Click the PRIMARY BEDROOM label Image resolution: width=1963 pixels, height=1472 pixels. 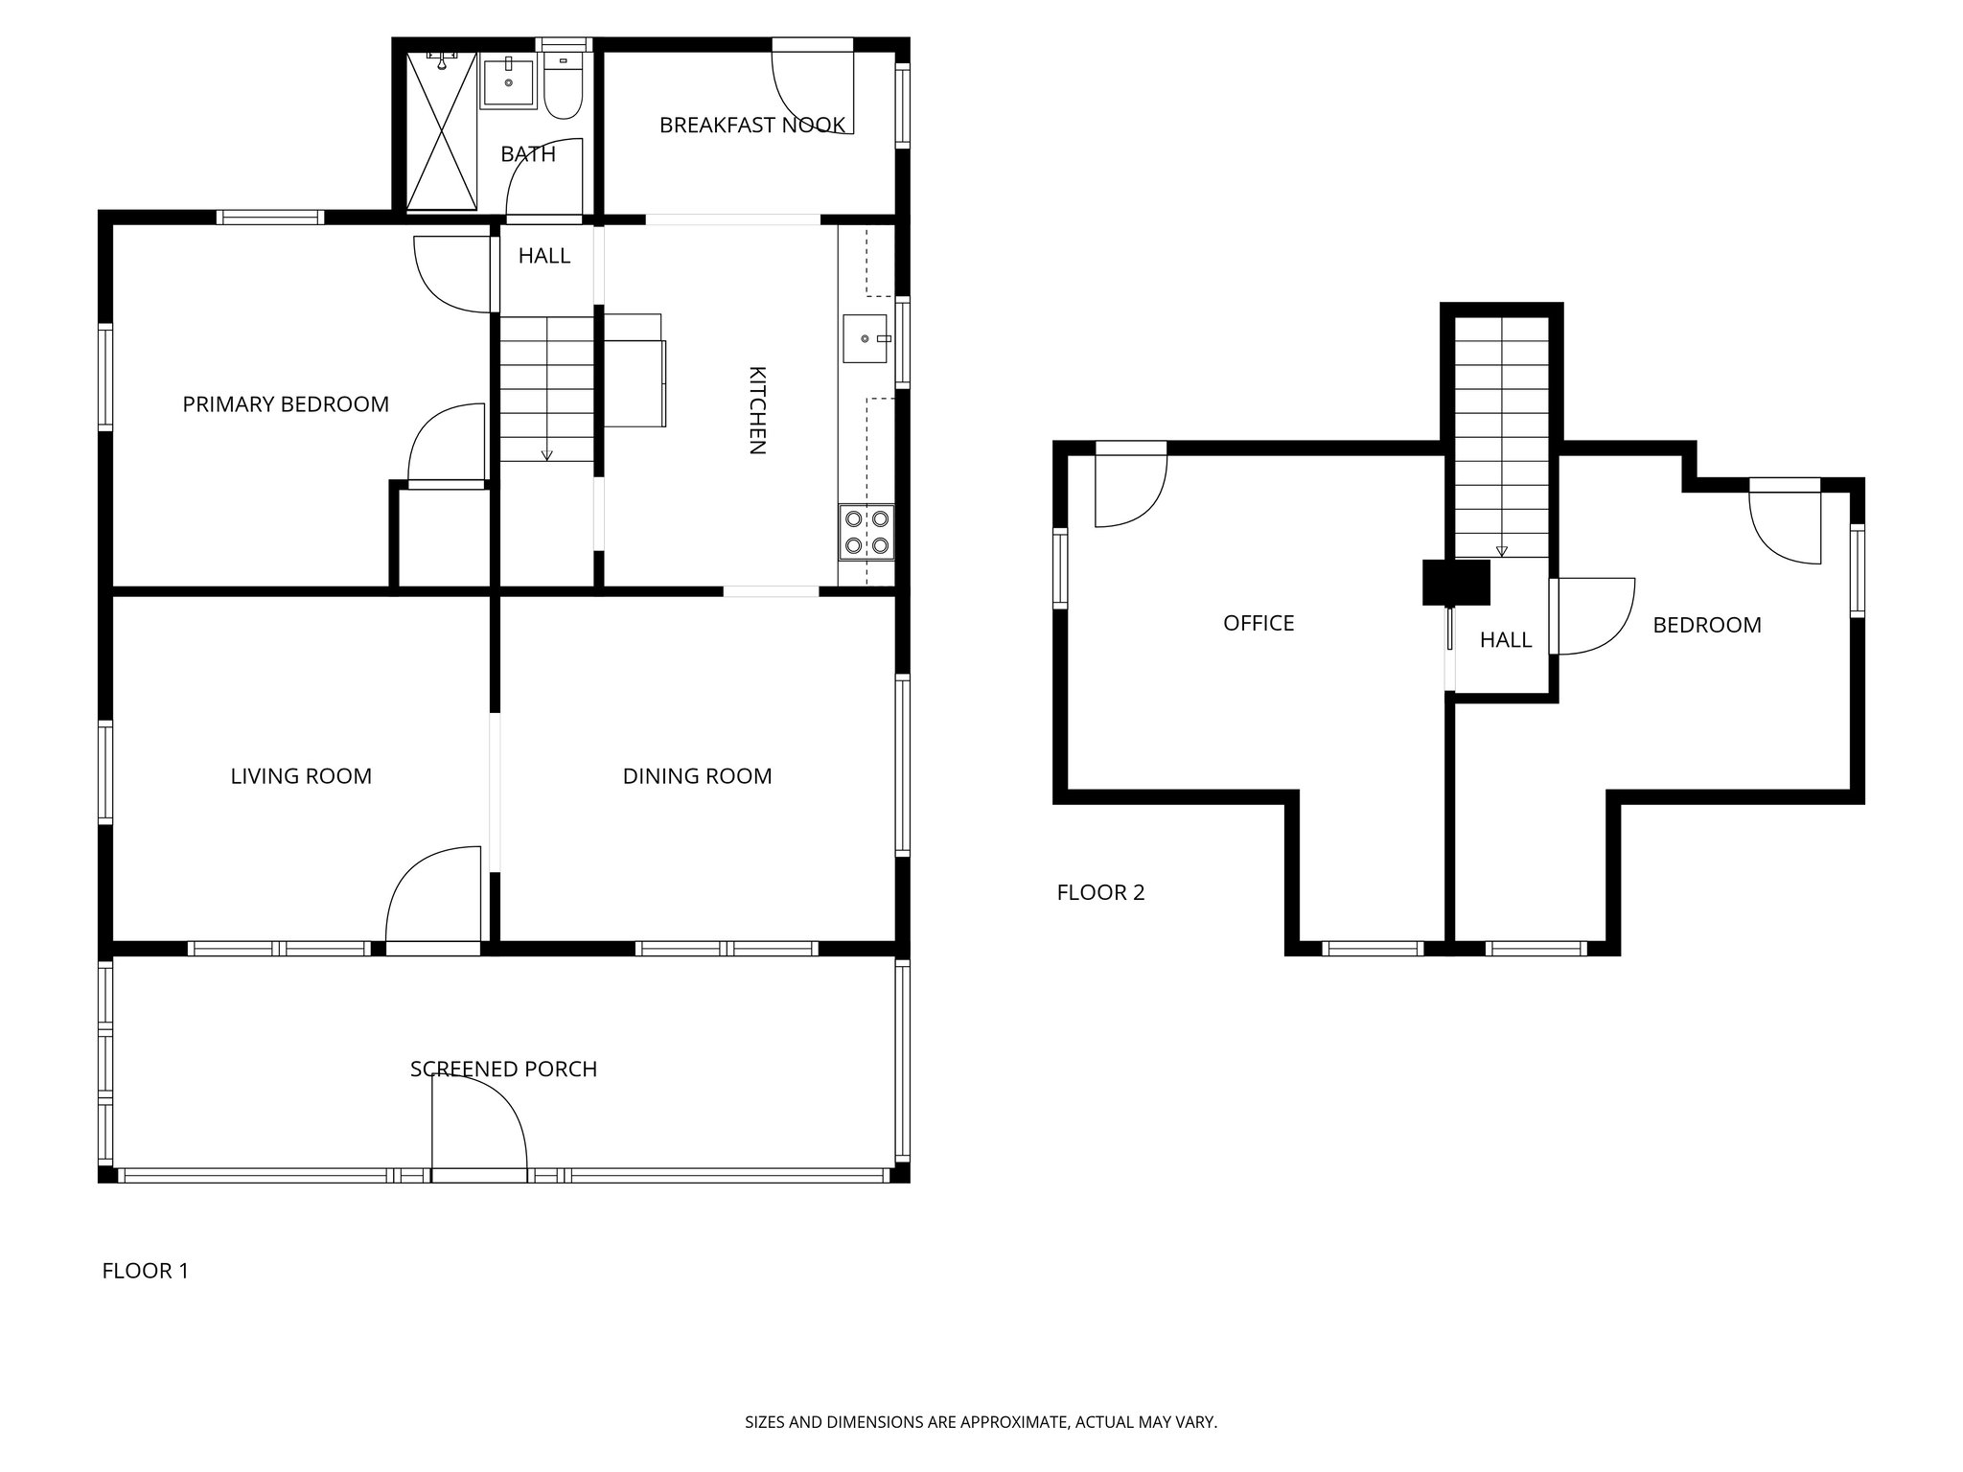pyautogui.click(x=286, y=404)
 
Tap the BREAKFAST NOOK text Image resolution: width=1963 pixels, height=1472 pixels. pyautogui.click(x=751, y=125)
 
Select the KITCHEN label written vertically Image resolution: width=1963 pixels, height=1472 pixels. pyautogui.click(x=756, y=409)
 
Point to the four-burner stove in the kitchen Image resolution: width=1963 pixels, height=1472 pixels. pyautogui.click(x=866, y=533)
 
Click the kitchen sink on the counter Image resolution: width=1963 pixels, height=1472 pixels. pyautogui.click(x=866, y=339)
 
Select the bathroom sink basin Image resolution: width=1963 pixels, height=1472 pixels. pyautogui.click(x=508, y=82)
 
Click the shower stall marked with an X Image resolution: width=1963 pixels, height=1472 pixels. pyautogui.click(x=441, y=130)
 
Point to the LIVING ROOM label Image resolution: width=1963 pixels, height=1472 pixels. pyautogui.click(x=301, y=776)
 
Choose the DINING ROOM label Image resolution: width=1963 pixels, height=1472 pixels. pyautogui.click(x=697, y=776)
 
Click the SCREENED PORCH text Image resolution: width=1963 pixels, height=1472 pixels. pyautogui.click(x=503, y=1069)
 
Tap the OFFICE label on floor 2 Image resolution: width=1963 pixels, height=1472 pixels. pyautogui.click(x=1259, y=624)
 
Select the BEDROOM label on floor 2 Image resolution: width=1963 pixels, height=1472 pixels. pyautogui.click(x=1707, y=626)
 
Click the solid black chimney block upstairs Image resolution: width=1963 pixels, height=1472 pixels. pyautogui.click(x=1456, y=583)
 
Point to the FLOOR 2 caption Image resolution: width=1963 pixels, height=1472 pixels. pyautogui.click(x=1100, y=893)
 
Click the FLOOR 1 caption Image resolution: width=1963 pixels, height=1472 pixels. pyautogui.click(x=146, y=1272)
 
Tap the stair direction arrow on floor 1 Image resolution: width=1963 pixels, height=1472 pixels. pyautogui.click(x=547, y=454)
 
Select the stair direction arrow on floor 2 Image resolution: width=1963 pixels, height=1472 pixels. pyautogui.click(x=1502, y=550)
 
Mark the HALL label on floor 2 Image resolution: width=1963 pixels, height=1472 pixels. pyautogui.click(x=1505, y=640)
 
